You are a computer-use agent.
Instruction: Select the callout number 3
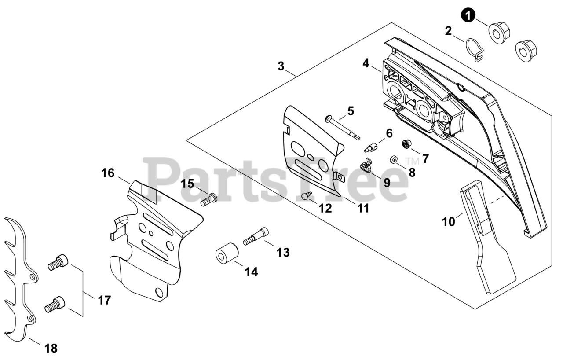coord(281,66)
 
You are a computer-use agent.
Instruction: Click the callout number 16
coord(108,173)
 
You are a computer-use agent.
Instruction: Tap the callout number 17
coord(104,300)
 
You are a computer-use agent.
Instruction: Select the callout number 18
coord(51,348)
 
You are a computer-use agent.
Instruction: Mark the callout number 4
coord(366,63)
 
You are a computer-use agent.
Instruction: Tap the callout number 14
coord(251,272)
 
